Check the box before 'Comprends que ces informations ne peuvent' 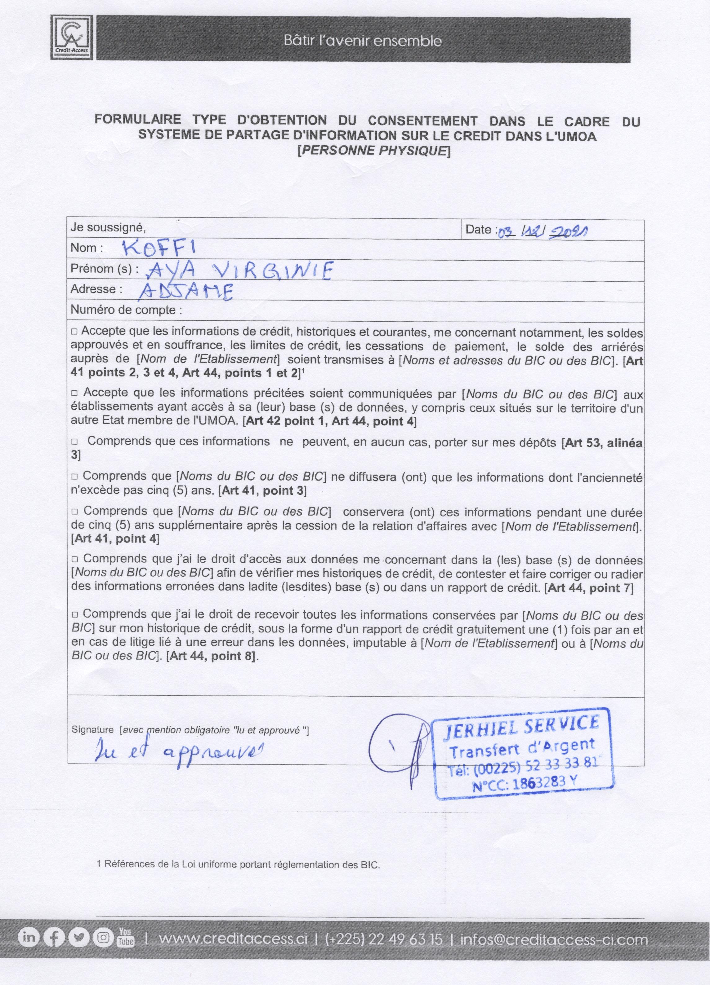(x=74, y=441)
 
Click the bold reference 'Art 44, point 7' (x=589, y=588)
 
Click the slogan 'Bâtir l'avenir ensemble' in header (x=363, y=41)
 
